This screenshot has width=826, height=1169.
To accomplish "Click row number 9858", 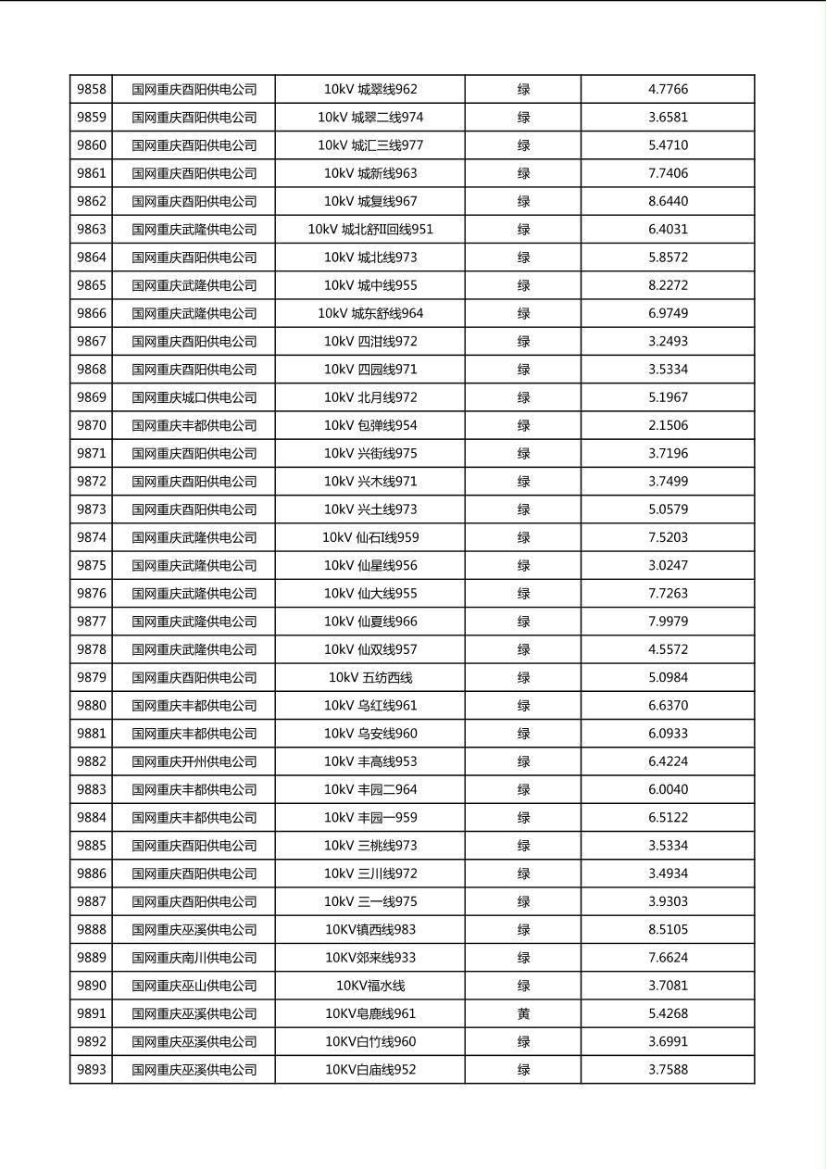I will coord(91,89).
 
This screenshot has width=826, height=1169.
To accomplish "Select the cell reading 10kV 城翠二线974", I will coord(369,118).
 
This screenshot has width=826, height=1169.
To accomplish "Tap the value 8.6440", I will coord(668,201).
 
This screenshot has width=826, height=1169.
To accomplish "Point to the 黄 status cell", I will coord(523,1013).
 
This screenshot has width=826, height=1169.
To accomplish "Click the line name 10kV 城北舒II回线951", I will coord(369,229).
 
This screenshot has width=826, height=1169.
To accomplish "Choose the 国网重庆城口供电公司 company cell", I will coord(194,397).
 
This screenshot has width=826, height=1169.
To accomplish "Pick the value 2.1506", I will coord(668,425).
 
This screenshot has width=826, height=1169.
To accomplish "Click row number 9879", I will coord(91,677).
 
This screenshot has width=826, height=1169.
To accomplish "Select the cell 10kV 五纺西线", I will coord(369,677).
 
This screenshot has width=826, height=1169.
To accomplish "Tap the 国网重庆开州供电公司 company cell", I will coord(194,761).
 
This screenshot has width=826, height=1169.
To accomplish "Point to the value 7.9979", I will coord(668,622).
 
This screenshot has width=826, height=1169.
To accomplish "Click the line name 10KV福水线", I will coord(369,986).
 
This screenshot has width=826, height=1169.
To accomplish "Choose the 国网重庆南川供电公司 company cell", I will coord(194,958).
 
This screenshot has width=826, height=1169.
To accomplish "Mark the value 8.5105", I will coord(668,929).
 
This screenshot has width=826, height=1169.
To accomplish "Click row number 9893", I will coord(91,1069).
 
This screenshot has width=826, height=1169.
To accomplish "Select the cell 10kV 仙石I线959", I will coord(369,537).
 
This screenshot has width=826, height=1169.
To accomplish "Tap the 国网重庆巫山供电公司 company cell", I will coord(194,986).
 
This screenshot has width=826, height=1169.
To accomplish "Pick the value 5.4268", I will coord(668,1013).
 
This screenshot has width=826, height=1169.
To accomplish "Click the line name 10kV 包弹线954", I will coord(369,425).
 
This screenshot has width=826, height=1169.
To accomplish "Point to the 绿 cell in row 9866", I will coord(523,313).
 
